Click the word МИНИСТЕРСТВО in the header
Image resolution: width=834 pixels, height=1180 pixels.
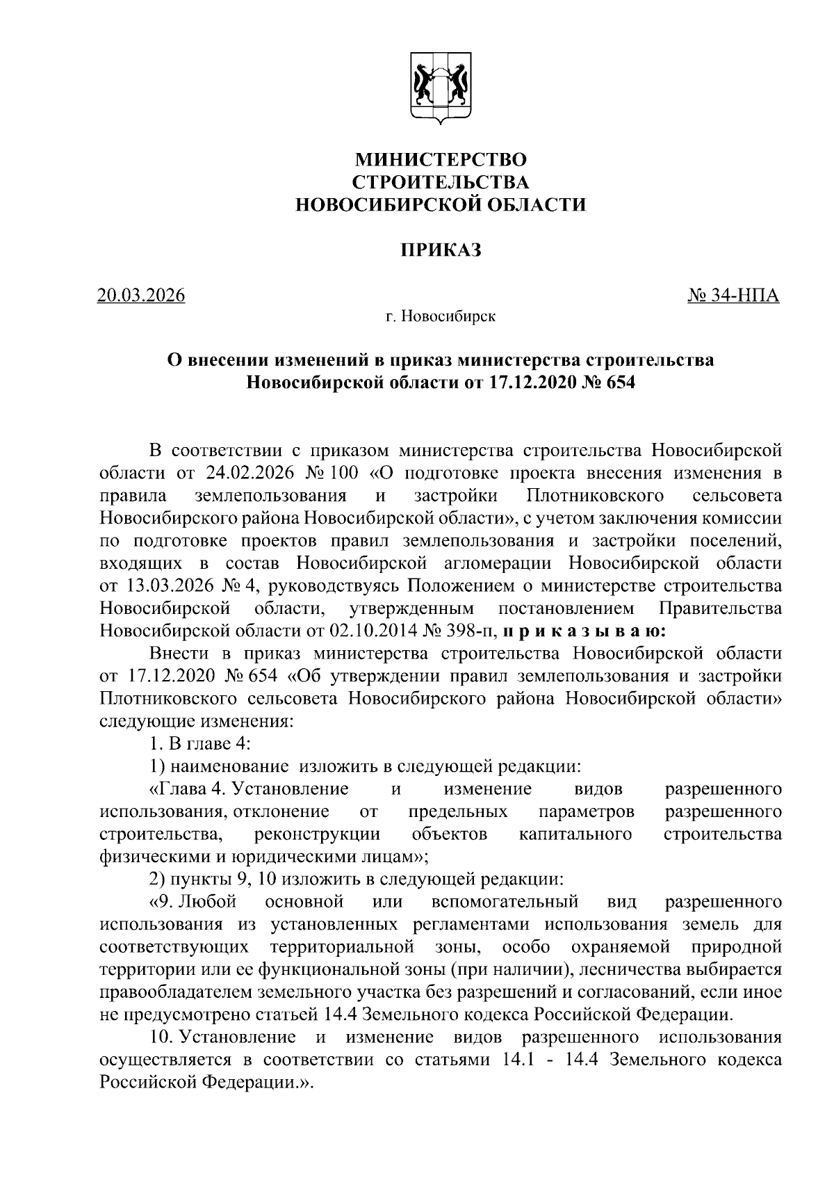[x=441, y=160]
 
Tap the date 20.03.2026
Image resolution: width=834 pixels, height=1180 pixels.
[x=142, y=296]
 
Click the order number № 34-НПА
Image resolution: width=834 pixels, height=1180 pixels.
[x=733, y=296]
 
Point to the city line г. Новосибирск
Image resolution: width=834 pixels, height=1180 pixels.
[x=441, y=318]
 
